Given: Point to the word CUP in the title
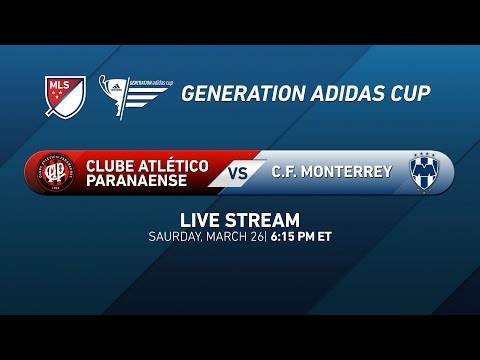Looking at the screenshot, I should tap(408, 93).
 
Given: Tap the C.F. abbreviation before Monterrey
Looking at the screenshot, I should tap(286, 172).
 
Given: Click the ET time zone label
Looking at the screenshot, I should tap(324, 237).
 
